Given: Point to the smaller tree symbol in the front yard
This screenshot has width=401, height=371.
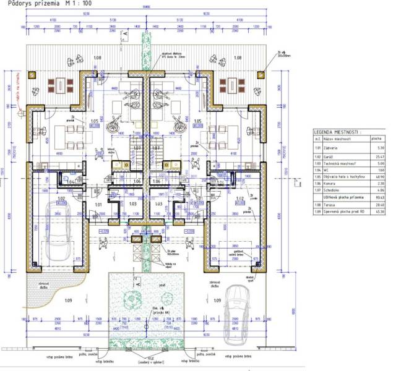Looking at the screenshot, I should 167,298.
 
